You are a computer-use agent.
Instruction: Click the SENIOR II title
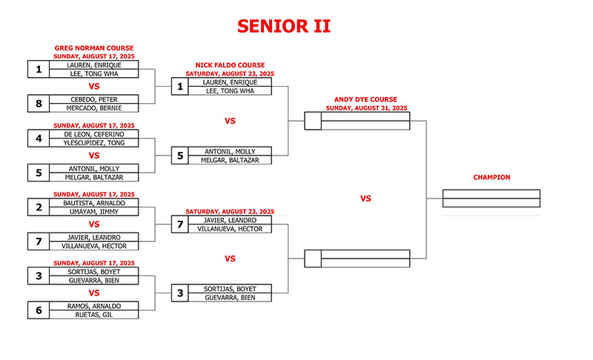[x=284, y=27]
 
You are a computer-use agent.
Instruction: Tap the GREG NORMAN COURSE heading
[x=94, y=48]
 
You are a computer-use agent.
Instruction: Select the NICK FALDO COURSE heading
[x=230, y=65]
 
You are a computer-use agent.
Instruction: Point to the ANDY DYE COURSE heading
[x=365, y=99]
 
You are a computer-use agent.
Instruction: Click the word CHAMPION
[x=491, y=177]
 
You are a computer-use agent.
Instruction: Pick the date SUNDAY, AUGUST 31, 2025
[x=366, y=108]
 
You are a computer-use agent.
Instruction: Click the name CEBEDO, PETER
[x=94, y=99]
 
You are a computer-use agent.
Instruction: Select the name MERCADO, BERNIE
[x=94, y=108]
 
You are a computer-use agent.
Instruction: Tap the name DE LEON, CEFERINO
[x=94, y=134]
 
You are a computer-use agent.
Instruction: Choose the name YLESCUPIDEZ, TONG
[x=94, y=143]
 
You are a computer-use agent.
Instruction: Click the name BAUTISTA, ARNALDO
[x=94, y=203]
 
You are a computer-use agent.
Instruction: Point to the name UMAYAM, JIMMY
[x=94, y=212]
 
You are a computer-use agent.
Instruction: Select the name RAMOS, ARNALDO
[x=94, y=306]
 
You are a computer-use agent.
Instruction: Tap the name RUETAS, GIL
[x=94, y=315]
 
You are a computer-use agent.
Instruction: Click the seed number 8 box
[x=39, y=104]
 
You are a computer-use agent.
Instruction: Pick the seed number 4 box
[x=39, y=139]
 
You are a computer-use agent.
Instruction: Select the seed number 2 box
[x=39, y=207]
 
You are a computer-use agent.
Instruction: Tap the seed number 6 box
[x=39, y=310]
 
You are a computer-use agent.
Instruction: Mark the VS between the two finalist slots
[x=365, y=199]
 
